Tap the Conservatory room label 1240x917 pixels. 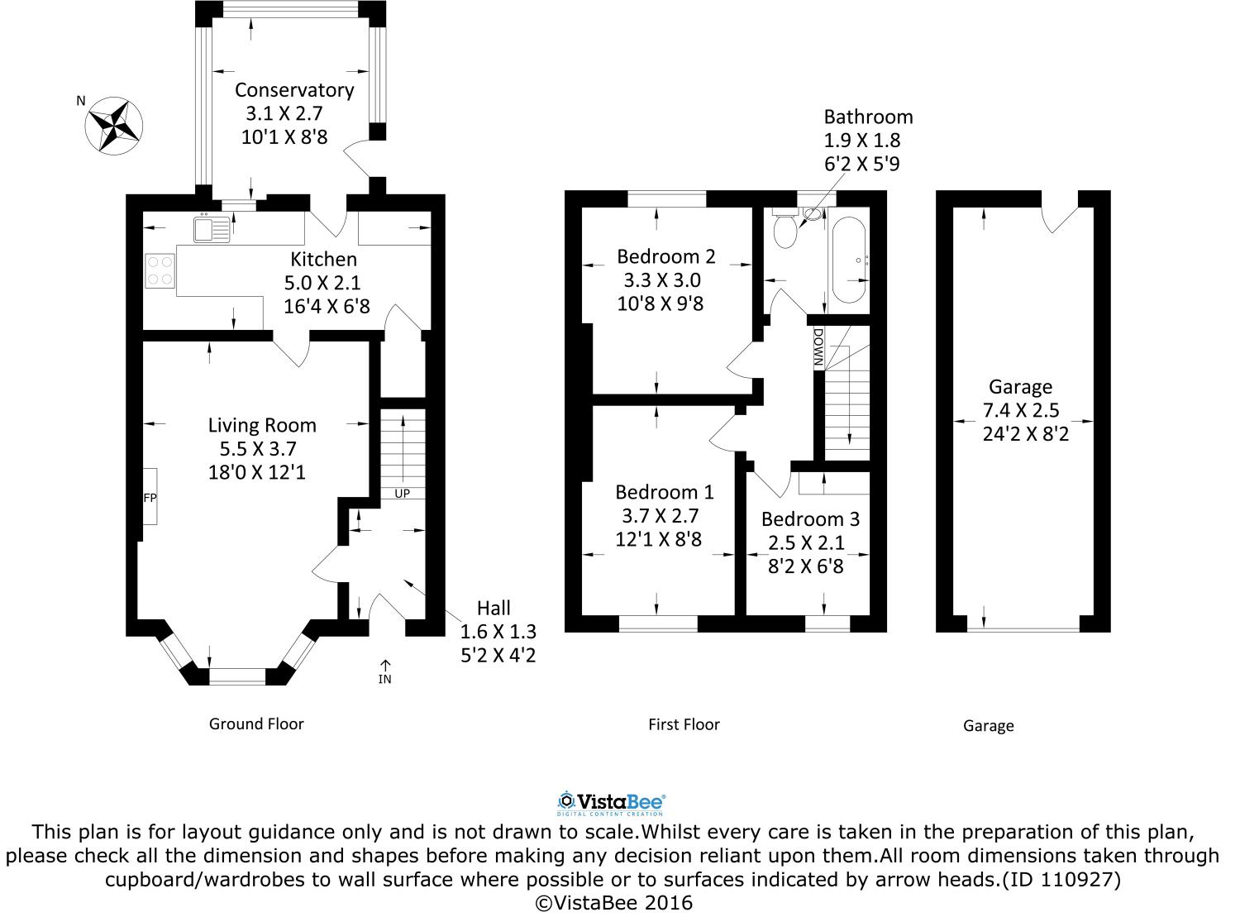293,90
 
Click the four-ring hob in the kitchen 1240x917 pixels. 160,270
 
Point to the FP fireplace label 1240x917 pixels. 150,498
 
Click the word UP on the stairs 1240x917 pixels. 402,494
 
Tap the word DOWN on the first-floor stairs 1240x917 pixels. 818,347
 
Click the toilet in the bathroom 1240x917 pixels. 784,229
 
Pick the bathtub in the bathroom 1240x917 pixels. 850,260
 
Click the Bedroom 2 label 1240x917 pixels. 665,256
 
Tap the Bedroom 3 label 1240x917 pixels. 810,519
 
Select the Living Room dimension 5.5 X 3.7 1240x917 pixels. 257,449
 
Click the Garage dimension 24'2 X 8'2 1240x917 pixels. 1026,433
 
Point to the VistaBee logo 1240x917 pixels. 612,801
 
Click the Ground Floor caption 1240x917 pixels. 256,724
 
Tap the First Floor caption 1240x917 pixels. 684,725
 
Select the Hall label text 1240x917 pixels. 494,609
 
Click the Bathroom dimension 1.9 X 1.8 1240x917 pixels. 861,141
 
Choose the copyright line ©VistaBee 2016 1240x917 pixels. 614,902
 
